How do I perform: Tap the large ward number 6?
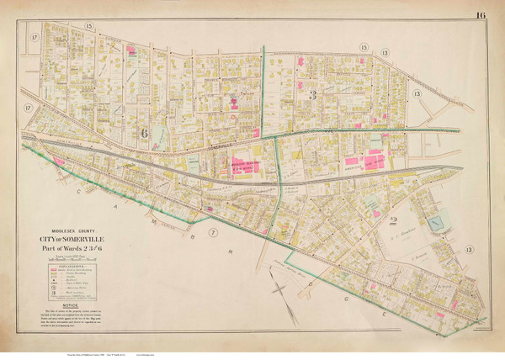144,132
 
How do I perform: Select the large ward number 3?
312,94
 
